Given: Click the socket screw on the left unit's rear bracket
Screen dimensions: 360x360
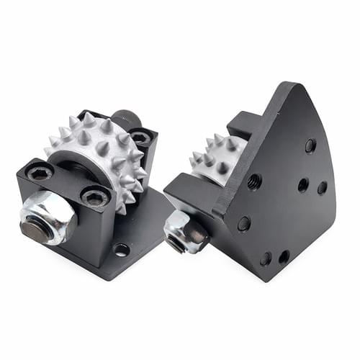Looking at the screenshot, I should click(141, 136).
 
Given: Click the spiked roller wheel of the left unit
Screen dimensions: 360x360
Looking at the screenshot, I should click(101, 155).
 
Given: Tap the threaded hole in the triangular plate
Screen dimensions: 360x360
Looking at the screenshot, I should click(253, 181).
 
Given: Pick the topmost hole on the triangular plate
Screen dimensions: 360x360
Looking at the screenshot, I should click(310, 145).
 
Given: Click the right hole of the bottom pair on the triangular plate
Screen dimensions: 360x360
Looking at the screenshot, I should click(284, 256).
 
